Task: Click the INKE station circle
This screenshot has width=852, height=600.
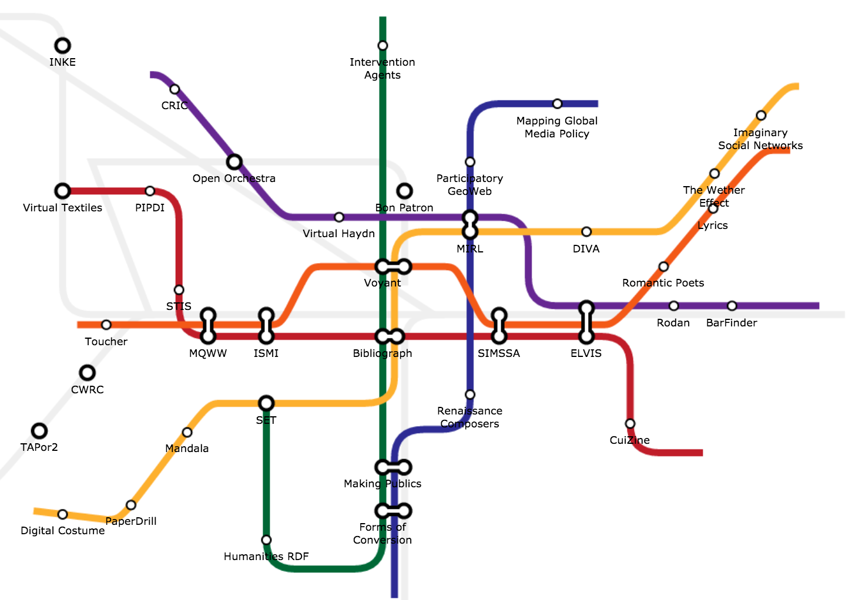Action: coord(63,46)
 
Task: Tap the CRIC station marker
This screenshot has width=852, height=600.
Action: coord(175,89)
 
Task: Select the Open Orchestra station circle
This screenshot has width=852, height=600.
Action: coord(234,161)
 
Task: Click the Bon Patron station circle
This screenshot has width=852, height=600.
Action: coord(404,191)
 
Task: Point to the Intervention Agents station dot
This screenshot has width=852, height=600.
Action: coord(383,46)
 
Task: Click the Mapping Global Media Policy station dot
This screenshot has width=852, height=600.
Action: coord(557,104)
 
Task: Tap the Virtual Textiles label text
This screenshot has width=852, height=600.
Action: coord(62,208)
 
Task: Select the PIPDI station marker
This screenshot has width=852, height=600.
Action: coord(150,191)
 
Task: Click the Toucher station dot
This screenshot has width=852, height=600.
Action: coord(106,325)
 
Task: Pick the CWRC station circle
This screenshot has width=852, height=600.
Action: coord(88,373)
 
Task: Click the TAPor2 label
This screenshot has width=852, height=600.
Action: coord(39,447)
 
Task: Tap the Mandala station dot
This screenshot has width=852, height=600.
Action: coord(187,433)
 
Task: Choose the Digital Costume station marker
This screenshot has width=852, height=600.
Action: coord(62,515)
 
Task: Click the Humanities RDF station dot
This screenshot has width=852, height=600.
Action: coord(266,540)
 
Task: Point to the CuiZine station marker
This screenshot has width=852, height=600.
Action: coord(630,424)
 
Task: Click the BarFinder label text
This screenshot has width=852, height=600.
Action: coord(732,323)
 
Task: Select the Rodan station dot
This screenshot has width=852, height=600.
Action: coord(673,306)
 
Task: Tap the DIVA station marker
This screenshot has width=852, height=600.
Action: coord(586,232)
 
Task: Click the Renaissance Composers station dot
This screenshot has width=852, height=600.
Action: coord(470,395)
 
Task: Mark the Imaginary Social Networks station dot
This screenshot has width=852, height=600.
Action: coord(761,116)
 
